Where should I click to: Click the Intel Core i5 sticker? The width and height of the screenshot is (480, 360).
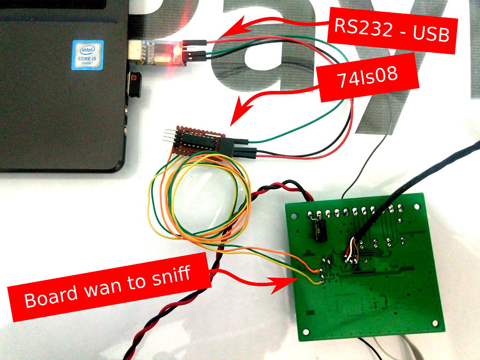(x=88, y=55)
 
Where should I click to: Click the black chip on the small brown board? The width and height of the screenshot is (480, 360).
(x=199, y=140)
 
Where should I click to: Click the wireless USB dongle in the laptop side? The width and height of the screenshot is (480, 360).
(x=135, y=84)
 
